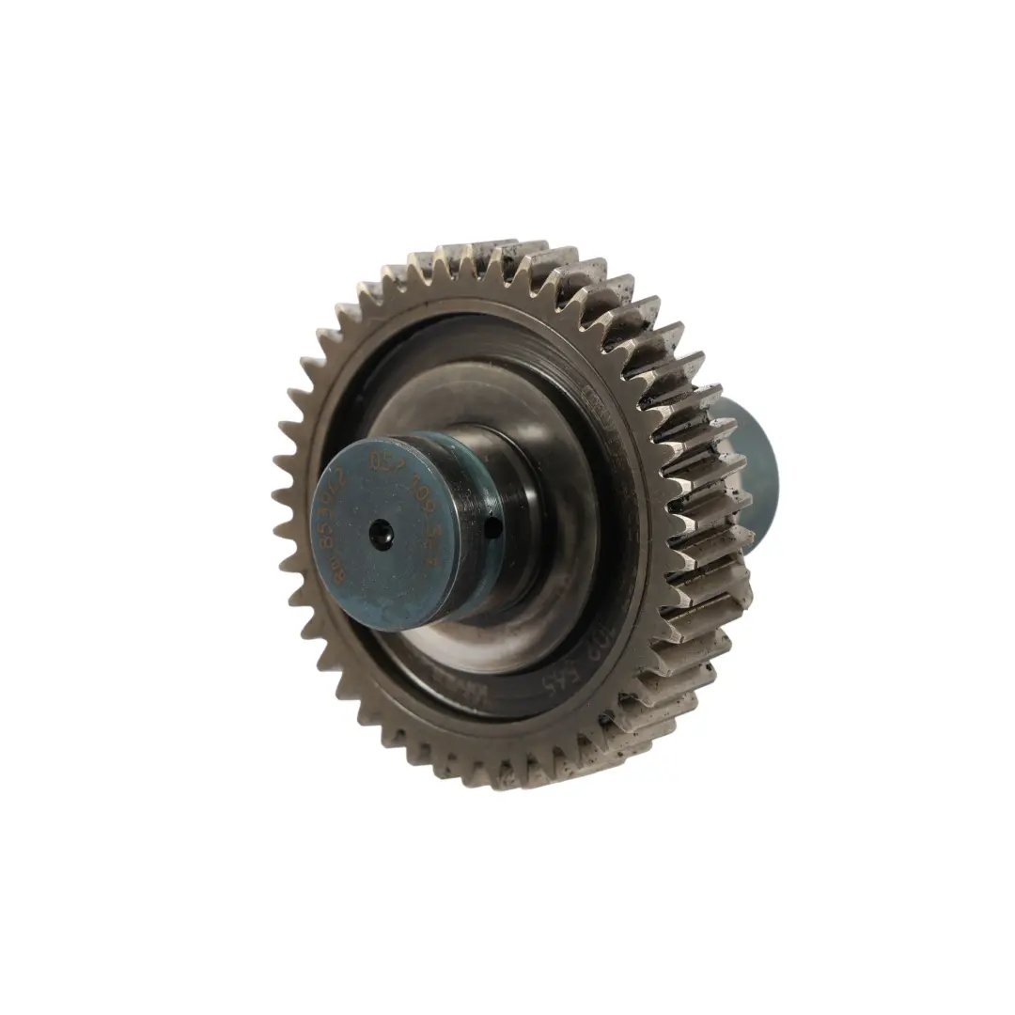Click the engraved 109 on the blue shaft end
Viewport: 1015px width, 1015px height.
tap(430, 490)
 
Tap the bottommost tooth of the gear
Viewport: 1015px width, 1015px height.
tap(498, 783)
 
